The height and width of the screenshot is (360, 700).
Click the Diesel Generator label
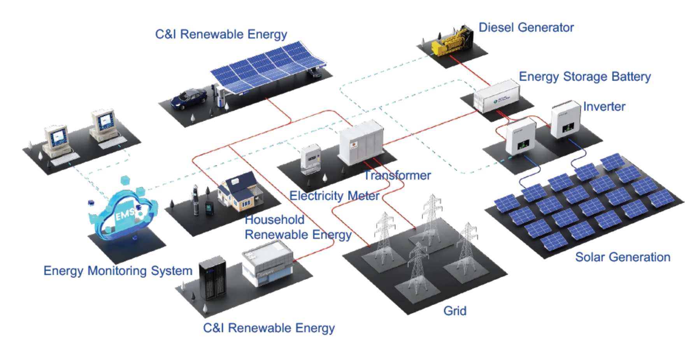point(526,28)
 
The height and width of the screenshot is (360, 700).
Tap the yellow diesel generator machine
point(451,42)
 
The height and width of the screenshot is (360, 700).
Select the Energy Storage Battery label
point(584,77)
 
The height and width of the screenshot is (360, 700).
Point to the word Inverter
point(604,107)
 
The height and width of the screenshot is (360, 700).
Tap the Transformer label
point(397,176)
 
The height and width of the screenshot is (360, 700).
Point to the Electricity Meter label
point(334,196)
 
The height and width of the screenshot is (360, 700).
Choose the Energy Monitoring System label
point(118,270)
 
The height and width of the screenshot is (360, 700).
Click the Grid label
point(454,311)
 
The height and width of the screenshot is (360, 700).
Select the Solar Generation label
point(622,257)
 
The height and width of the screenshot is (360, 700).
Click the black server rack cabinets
point(212,278)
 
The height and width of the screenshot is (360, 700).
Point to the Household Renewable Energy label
point(298,227)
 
